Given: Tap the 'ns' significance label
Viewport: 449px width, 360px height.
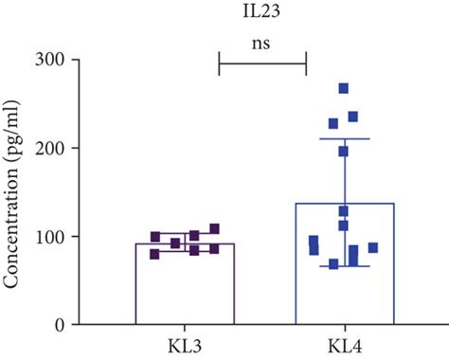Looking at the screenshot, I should (263, 43).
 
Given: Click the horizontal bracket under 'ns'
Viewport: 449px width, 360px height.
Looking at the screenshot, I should (263, 64).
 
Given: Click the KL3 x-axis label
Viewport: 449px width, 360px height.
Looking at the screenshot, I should (185, 342).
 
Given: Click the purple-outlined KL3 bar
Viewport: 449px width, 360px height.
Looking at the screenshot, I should (185, 284).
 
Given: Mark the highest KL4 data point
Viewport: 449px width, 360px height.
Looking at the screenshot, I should (344, 88).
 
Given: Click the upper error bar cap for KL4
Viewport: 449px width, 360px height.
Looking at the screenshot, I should (343, 139).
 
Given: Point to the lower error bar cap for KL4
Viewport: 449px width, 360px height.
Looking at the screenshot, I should (343, 266).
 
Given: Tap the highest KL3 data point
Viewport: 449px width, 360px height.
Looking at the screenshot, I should (214, 228).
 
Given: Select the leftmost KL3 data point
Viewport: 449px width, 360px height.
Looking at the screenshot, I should (154, 253).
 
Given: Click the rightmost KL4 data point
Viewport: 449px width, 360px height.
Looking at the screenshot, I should (373, 247).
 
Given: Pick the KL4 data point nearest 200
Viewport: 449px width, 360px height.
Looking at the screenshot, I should (344, 151).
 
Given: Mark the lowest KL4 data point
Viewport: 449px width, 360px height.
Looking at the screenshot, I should (333, 263).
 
